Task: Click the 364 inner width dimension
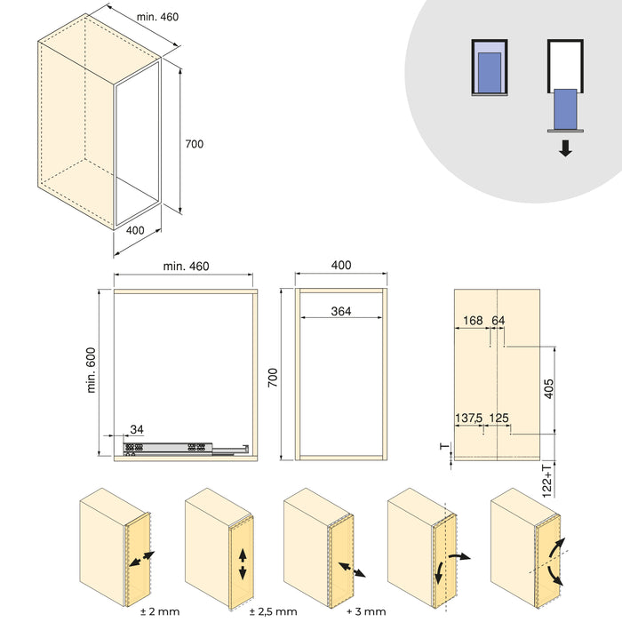pyautogui.click(x=340, y=311)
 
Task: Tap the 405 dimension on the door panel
pyautogui.click(x=549, y=388)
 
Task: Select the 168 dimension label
pyautogui.click(x=473, y=320)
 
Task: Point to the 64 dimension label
pyautogui.click(x=498, y=320)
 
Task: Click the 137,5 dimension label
pyautogui.click(x=469, y=418)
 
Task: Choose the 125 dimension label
pyautogui.click(x=498, y=418)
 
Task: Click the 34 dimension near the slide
pyautogui.click(x=136, y=430)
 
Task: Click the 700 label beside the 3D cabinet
pyautogui.click(x=194, y=143)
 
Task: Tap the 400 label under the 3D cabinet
pyautogui.click(x=135, y=230)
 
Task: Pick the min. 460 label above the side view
pyautogui.click(x=186, y=266)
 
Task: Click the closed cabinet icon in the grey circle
pyautogui.click(x=488, y=67)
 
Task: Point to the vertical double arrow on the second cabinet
pyautogui.click(x=243, y=563)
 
